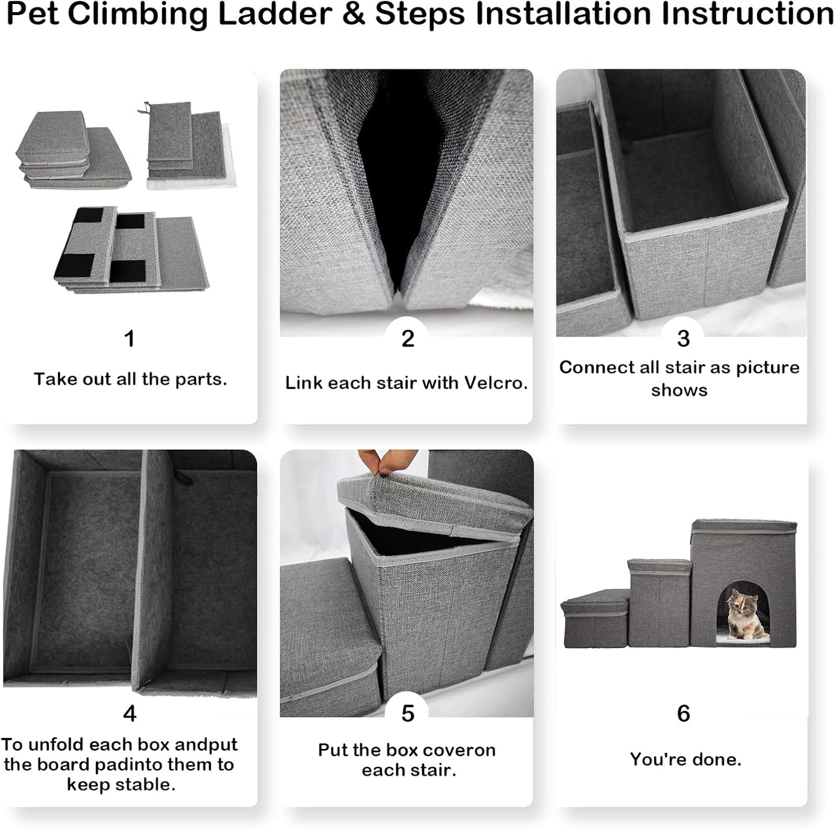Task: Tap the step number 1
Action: (x=129, y=339)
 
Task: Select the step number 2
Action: (x=407, y=339)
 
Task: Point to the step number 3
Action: (x=683, y=339)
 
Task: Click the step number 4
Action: (x=129, y=714)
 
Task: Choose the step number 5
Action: (x=407, y=714)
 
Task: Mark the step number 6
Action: (x=683, y=714)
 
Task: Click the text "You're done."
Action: (x=685, y=759)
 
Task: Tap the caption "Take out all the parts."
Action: (x=130, y=379)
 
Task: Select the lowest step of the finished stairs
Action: (x=595, y=621)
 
